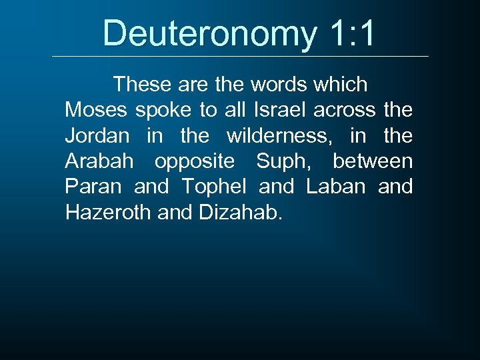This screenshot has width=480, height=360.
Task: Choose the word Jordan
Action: click(x=97, y=136)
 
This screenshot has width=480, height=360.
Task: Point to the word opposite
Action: click(x=195, y=162)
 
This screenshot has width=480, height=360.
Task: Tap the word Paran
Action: click(x=93, y=187)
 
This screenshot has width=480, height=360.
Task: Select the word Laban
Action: click(x=335, y=187)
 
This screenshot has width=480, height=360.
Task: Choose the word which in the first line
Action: click(x=338, y=85)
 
